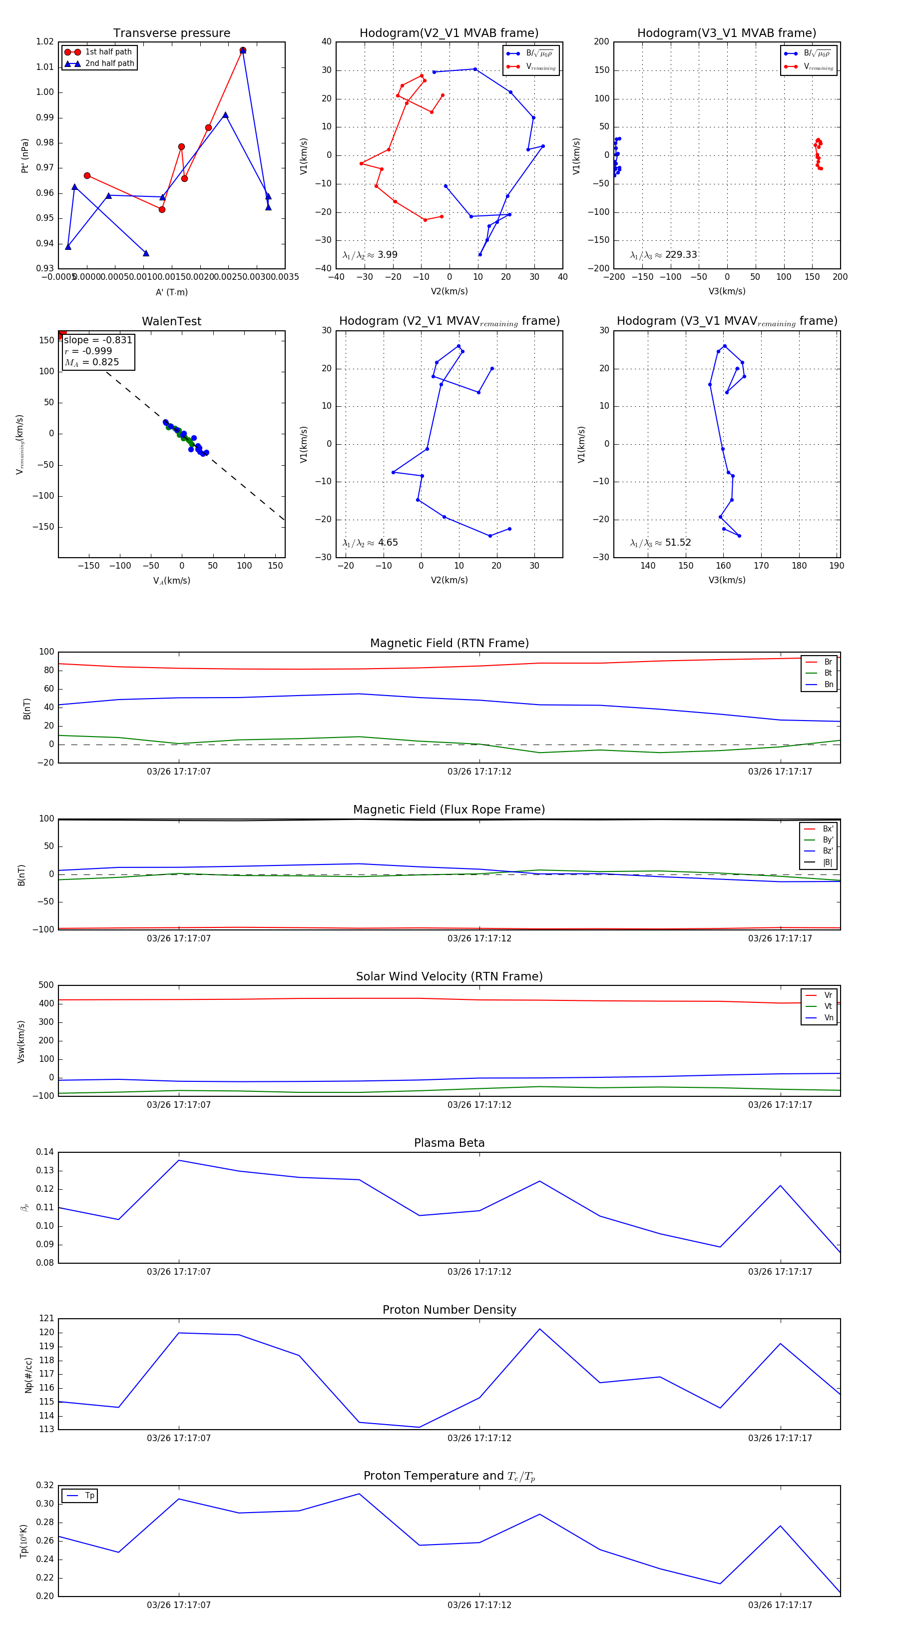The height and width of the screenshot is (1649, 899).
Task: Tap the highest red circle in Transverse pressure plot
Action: click(x=243, y=50)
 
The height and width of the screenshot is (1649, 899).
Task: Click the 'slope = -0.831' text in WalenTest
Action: click(x=98, y=340)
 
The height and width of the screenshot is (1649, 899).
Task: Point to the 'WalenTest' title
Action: click(x=171, y=321)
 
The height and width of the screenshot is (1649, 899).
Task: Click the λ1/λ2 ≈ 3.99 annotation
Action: click(x=370, y=255)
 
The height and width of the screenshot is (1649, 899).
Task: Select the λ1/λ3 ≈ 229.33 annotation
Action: click(x=664, y=255)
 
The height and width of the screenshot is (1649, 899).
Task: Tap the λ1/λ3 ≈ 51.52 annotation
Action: click(x=660, y=543)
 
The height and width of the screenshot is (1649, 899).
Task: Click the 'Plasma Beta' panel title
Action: click(x=449, y=1143)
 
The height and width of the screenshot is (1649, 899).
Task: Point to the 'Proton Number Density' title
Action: click(x=449, y=1310)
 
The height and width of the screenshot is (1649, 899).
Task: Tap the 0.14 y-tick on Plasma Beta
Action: click(x=45, y=1152)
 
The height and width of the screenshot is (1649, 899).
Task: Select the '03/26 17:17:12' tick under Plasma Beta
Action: click(x=479, y=1272)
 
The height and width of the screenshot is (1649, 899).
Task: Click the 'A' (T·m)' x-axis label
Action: click(x=171, y=292)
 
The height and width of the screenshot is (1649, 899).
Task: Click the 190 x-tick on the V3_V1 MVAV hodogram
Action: click(x=836, y=566)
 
